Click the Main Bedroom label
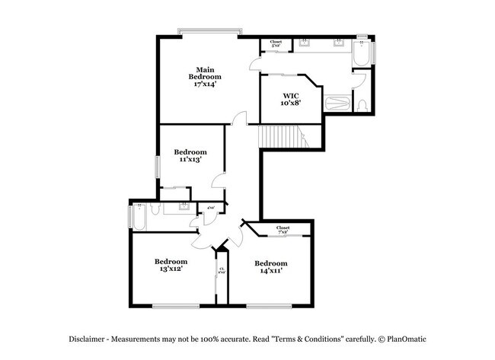(x=205, y=76)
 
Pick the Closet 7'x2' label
(x=283, y=228)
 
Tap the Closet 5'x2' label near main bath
(x=276, y=44)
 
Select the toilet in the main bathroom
(x=362, y=105)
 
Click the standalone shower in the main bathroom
(x=337, y=104)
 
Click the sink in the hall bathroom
(x=184, y=205)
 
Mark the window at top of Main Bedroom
(x=210, y=31)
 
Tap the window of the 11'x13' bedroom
(x=158, y=167)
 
